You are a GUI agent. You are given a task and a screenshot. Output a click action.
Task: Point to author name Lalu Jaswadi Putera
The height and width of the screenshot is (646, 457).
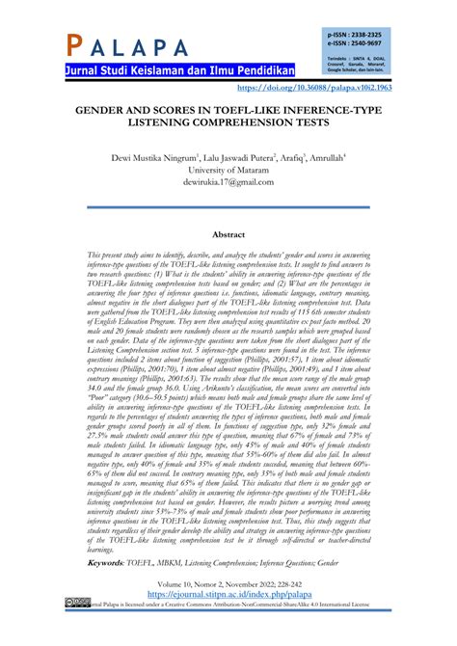(x=234, y=156)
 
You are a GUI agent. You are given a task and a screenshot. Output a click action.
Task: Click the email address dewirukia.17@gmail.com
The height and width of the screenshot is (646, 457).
(x=228, y=183)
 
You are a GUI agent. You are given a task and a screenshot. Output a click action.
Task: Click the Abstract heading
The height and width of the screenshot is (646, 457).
(x=228, y=234)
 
